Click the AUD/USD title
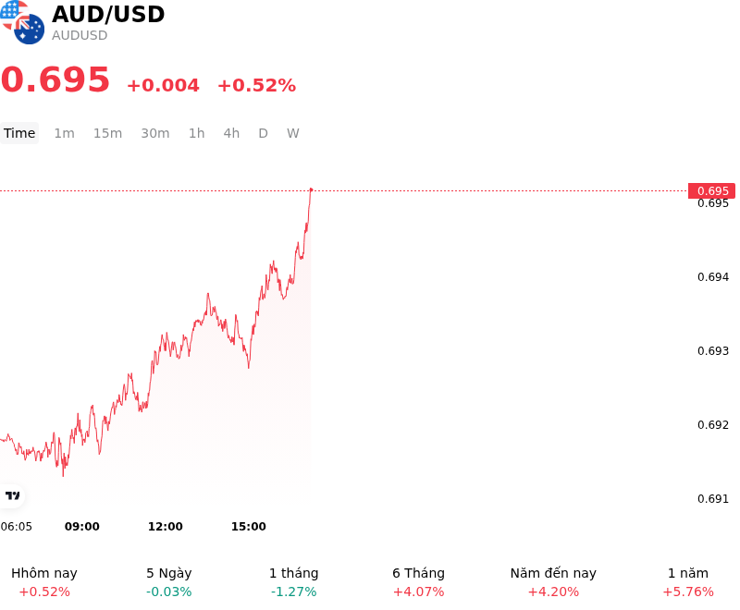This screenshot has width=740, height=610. tap(108, 14)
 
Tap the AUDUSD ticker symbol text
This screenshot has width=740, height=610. tap(80, 35)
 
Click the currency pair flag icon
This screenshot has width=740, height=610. tap(22, 22)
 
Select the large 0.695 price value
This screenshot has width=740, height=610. tap(55, 79)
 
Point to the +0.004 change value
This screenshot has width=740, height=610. tap(164, 85)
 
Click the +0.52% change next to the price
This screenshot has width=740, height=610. tap(257, 85)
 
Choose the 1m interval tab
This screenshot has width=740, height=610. tap(64, 133)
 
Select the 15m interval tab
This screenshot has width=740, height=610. tap(107, 133)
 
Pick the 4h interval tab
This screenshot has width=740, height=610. tap(231, 133)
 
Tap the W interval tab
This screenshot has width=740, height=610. tap(292, 133)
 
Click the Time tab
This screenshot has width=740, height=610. tap(19, 133)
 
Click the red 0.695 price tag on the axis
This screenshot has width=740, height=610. tap(711, 191)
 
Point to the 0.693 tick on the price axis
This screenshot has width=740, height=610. tap(713, 350)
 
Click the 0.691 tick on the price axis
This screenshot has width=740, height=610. tap(713, 499)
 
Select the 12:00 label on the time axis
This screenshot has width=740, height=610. tap(166, 527)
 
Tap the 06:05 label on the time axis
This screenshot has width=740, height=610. tap(16, 527)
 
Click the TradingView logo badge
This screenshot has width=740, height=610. tap(12, 496)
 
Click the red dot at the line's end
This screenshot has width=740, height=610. tap(311, 190)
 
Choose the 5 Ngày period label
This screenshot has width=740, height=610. tap(169, 573)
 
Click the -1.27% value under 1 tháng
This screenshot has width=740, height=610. tap(293, 592)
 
